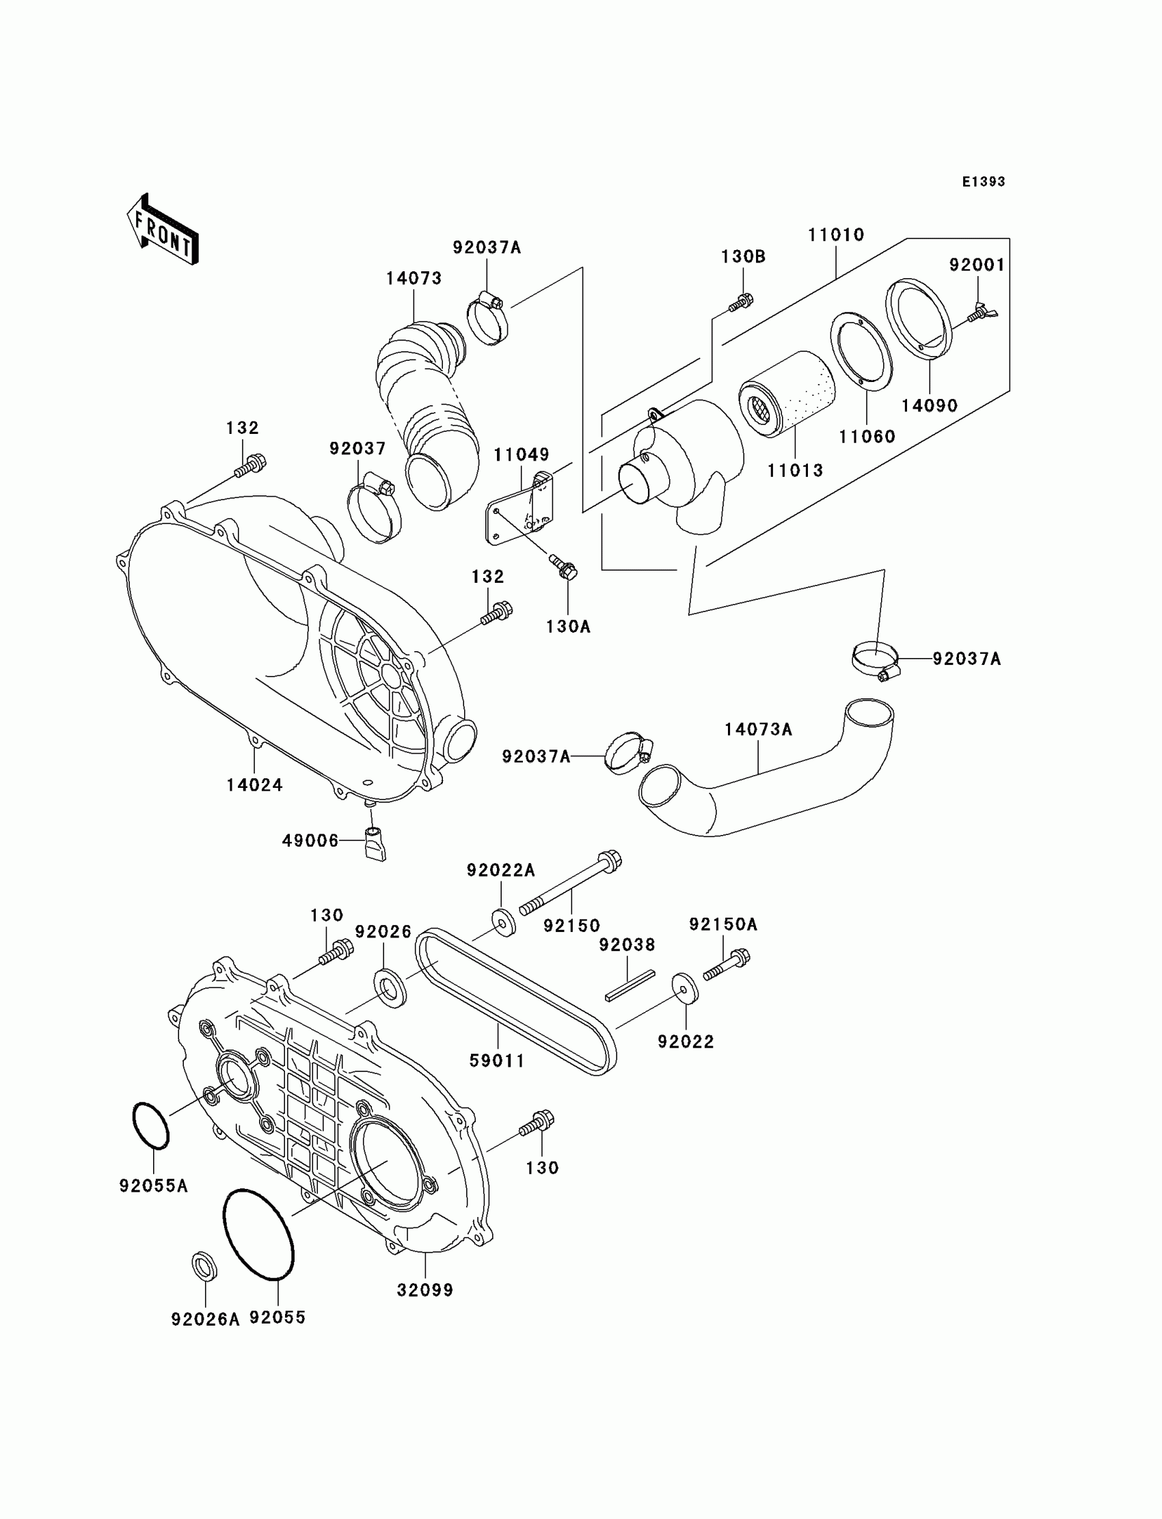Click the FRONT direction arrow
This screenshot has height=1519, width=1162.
[163, 230]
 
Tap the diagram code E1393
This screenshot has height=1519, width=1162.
[984, 182]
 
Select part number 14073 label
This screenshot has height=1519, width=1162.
[414, 279]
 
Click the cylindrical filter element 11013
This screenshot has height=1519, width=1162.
[787, 392]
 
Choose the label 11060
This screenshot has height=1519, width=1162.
[867, 436]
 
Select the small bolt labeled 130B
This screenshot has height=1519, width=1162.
[742, 301]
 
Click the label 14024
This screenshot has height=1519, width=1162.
[254, 784]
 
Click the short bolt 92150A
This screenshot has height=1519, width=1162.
[726, 965]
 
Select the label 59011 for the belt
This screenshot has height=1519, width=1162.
[498, 1060]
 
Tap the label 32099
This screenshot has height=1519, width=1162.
[424, 1289]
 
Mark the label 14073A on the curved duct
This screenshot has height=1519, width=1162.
[758, 729]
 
